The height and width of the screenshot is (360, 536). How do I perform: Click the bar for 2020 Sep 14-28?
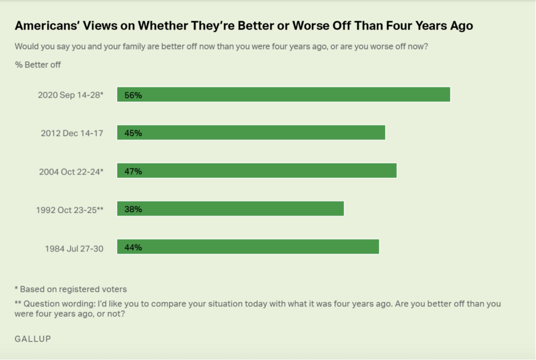[x=284, y=94]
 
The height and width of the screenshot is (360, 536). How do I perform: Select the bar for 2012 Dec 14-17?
[x=251, y=132]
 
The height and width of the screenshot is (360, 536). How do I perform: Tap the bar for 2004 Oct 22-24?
[x=257, y=170]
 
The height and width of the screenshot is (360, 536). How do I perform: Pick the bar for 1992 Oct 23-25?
[x=231, y=209]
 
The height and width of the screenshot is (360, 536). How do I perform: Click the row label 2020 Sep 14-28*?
[x=71, y=95]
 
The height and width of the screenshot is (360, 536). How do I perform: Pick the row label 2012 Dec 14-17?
[x=72, y=133]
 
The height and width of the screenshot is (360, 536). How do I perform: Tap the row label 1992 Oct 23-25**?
[x=70, y=209]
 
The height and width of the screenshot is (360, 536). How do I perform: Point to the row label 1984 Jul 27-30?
[x=74, y=248]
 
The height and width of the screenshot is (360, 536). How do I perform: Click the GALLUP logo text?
[x=33, y=339]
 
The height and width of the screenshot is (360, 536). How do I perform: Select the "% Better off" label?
[x=38, y=65]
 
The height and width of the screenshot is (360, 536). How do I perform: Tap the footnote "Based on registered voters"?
[x=73, y=289]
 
